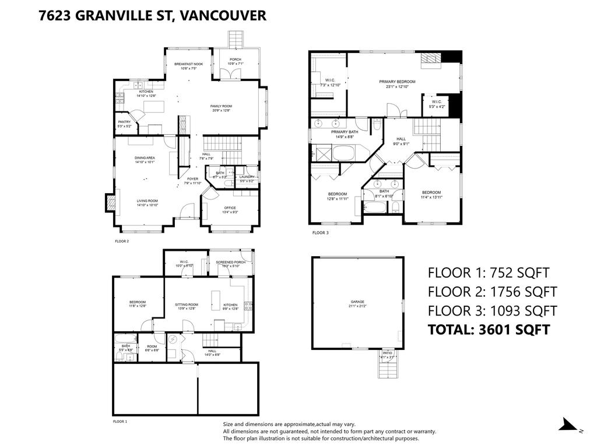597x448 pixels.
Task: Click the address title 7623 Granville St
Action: (x=152, y=15)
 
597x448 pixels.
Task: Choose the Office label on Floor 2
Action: (x=230, y=210)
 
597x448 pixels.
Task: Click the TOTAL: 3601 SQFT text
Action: (x=489, y=330)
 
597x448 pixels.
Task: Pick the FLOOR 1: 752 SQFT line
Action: (x=489, y=272)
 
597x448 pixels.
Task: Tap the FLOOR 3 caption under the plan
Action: (x=320, y=233)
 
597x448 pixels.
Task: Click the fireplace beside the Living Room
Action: (x=109, y=202)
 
